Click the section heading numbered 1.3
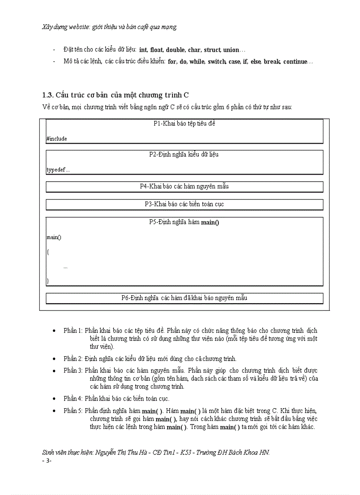(x=115, y=95)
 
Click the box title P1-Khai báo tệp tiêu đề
(x=184, y=123)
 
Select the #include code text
(x=56, y=138)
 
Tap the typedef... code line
(x=58, y=170)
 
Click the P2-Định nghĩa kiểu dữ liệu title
(x=184, y=154)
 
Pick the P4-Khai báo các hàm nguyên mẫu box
(x=184, y=186)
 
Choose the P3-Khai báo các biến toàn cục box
(x=184, y=204)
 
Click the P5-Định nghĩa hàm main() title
(x=184, y=222)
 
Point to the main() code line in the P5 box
(x=54, y=238)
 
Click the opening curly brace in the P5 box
(x=48, y=252)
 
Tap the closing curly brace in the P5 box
(x=48, y=280)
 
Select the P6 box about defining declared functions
(x=184, y=298)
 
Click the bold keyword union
(x=231, y=50)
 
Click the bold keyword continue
(x=294, y=62)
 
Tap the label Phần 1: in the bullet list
(x=73, y=331)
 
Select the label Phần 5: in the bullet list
(x=73, y=411)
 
